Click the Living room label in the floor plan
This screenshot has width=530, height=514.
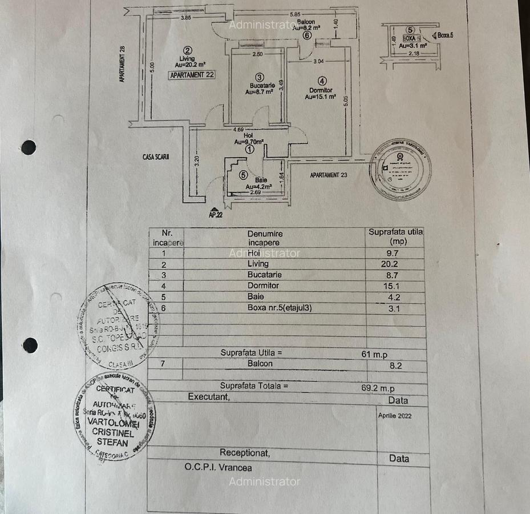point(187,59)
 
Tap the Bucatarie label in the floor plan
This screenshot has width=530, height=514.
point(258,86)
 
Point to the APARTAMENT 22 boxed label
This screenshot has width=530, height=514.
point(192,74)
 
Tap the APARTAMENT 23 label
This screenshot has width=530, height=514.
point(329,175)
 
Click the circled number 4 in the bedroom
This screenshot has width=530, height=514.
point(322,81)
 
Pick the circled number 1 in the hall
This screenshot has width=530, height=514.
point(250,149)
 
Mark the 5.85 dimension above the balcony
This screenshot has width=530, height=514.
point(295,14)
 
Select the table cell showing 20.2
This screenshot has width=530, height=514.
point(390,264)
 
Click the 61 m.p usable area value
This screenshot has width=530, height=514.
point(374,354)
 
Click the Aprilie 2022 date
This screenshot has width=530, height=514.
point(395,416)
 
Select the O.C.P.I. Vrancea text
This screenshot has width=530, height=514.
point(218,467)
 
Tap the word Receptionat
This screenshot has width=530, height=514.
point(245,453)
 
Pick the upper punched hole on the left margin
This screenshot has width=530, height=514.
point(29,147)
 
